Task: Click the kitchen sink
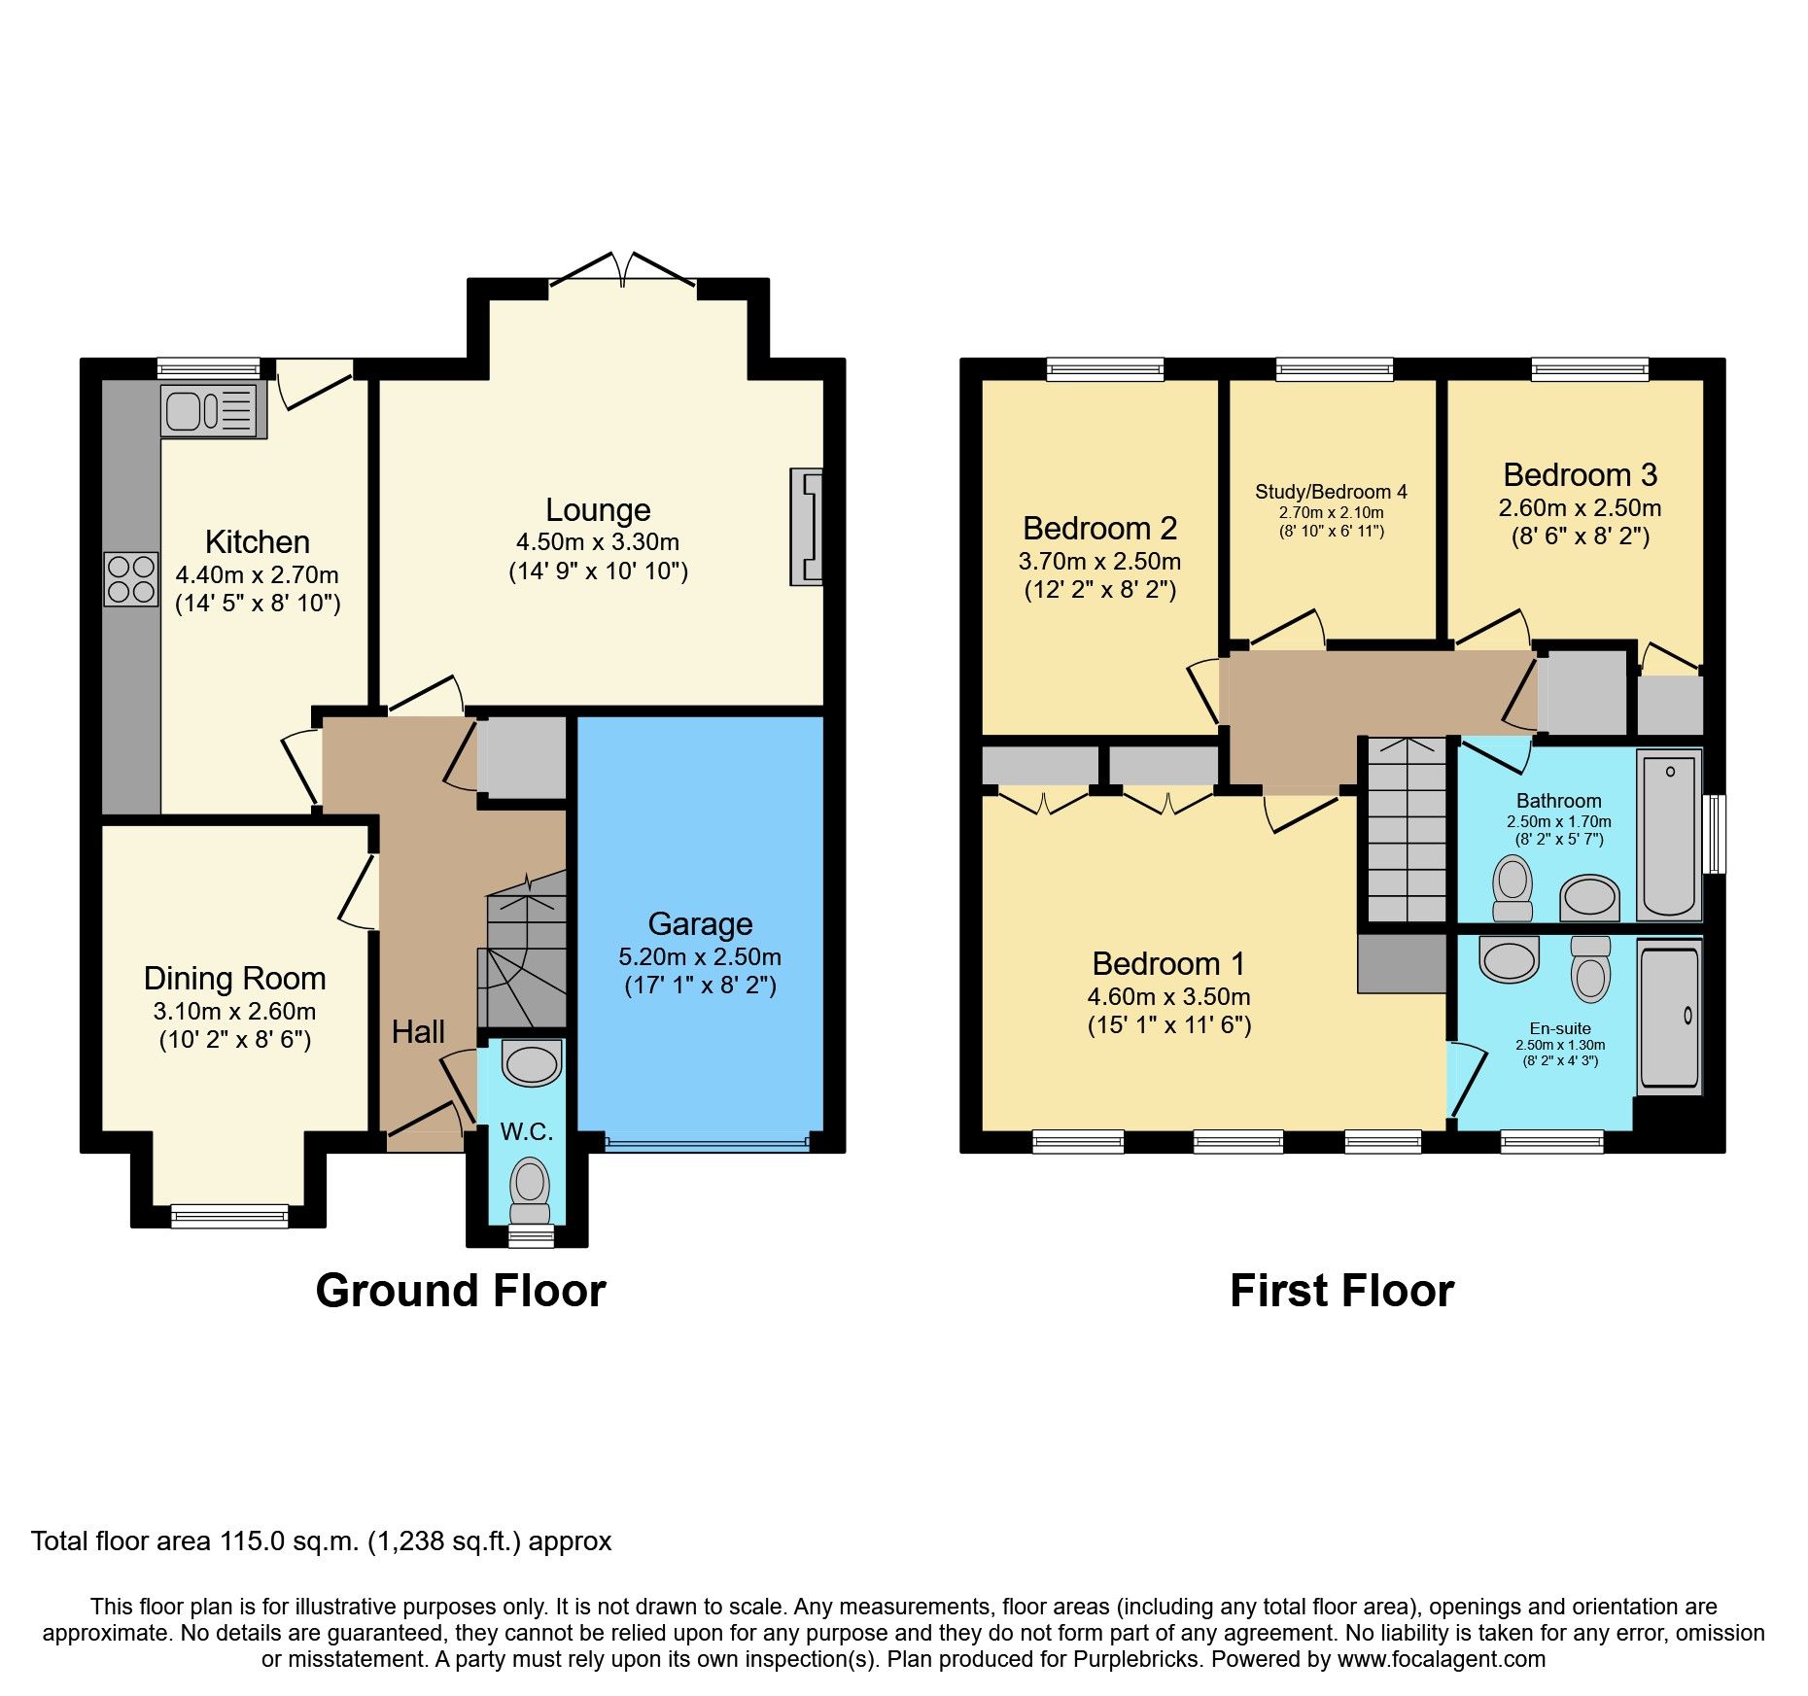point(212,409)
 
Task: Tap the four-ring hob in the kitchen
point(130,578)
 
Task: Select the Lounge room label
point(598,510)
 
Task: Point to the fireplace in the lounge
point(807,527)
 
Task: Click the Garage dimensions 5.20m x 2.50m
point(700,957)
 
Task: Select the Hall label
point(418,1032)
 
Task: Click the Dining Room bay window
point(229,1215)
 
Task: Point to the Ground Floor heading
point(461,1292)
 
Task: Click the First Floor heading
point(1341,1292)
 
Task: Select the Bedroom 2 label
point(1099,529)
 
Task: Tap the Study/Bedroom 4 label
point(1331,492)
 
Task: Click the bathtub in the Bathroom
point(1669,834)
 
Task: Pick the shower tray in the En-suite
point(1669,1016)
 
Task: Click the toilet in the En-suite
point(1590,970)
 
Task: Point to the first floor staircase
point(1407,831)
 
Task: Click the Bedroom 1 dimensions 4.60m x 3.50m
point(1168,997)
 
